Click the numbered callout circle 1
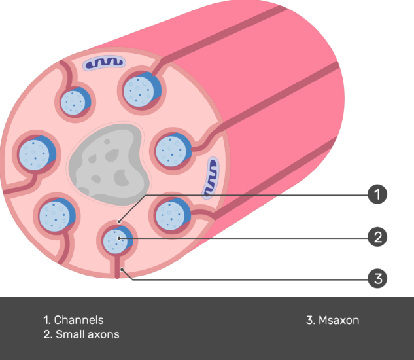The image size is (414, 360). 377,194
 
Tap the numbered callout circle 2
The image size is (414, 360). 377,237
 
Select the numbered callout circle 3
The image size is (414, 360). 377,278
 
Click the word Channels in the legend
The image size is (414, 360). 78,320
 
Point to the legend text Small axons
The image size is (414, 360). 88,334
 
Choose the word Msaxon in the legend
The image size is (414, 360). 339,320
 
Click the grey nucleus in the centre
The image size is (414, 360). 109,164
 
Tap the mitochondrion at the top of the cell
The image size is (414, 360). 104,63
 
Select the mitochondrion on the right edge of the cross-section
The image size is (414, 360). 211,178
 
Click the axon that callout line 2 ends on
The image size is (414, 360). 117,240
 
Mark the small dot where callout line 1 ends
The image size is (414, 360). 119,221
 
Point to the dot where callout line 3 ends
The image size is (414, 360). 122,269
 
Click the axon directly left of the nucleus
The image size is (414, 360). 37,153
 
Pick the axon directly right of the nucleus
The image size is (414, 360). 173,150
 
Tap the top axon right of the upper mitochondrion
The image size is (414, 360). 142,89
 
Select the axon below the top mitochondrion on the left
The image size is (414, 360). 75,102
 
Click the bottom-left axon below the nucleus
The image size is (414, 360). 57,215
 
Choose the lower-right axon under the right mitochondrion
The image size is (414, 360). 173,214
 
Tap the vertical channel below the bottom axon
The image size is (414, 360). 117,266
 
